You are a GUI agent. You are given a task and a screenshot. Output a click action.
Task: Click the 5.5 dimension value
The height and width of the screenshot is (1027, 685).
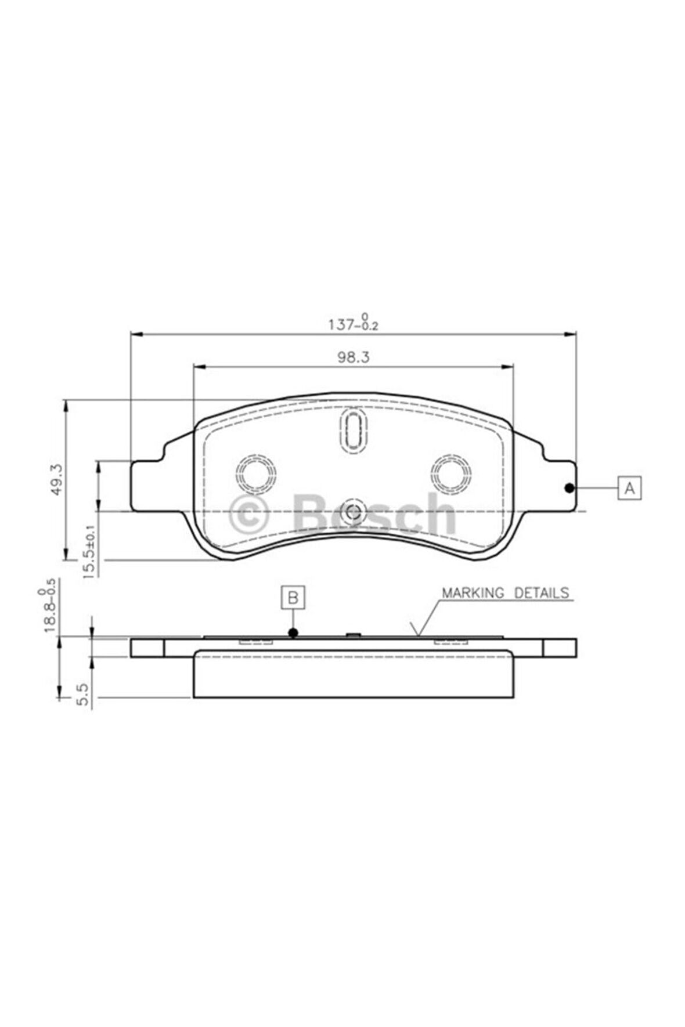(82, 693)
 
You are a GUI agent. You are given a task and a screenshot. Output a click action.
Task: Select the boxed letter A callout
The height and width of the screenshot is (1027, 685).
(629, 488)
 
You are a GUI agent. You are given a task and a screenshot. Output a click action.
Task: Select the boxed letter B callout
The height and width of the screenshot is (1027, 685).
(293, 597)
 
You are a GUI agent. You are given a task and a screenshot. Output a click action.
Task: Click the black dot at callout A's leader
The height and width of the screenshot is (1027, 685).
(569, 488)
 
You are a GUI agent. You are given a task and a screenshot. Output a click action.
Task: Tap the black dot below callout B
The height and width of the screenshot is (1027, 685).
(293, 632)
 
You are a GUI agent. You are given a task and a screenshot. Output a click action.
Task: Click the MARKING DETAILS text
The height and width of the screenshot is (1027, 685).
(505, 593)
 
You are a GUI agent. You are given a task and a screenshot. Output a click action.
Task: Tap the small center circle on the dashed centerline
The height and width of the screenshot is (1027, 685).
(352, 511)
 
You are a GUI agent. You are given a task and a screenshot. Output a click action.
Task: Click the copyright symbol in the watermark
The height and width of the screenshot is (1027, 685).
(249, 513)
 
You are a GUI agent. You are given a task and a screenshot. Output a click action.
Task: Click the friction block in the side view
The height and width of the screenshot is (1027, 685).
(353, 675)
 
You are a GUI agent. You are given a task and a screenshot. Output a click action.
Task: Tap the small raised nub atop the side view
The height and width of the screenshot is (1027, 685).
(353, 635)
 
